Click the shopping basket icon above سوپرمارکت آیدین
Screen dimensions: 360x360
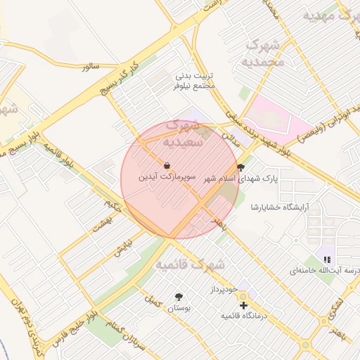pos(167,166)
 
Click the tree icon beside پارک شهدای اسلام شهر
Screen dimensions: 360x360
pos(242,167)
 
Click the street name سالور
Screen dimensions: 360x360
pos(91,66)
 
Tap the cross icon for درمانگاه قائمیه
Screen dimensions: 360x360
pos(243,306)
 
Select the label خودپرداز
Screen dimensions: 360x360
pos(224,290)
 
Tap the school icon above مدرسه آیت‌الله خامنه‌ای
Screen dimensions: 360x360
pos(327,259)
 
